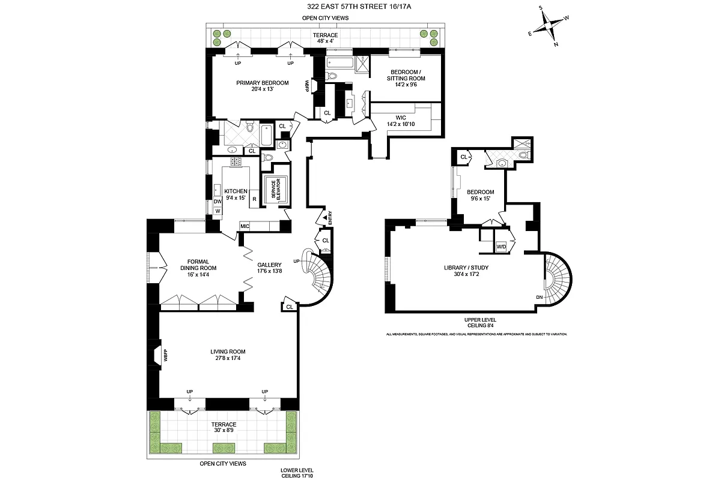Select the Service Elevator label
(x=277, y=189)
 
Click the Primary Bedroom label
(x=262, y=83)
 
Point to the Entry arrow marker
(x=325, y=217)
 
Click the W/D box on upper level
(x=500, y=246)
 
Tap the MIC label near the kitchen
(x=245, y=226)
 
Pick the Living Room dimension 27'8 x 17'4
(x=228, y=359)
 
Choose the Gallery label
(x=269, y=265)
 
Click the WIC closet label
(x=401, y=118)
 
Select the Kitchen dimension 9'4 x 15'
(x=236, y=198)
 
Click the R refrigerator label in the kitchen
(x=255, y=199)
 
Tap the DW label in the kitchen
(x=217, y=202)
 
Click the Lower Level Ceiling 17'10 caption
(x=297, y=473)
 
